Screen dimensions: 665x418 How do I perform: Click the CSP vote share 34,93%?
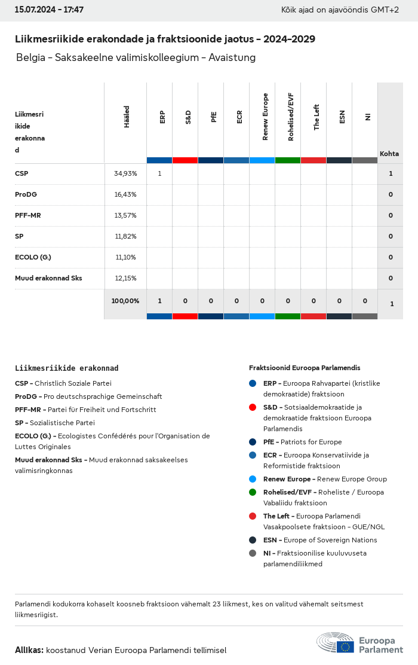click(125, 174)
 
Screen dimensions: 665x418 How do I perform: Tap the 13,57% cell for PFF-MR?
click(125, 215)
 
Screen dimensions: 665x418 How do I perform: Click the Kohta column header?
click(389, 154)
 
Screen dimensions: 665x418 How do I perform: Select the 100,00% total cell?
click(125, 301)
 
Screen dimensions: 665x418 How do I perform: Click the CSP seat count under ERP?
click(159, 174)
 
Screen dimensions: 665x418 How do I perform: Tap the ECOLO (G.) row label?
click(33, 257)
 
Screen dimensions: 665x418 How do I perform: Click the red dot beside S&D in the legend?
click(253, 407)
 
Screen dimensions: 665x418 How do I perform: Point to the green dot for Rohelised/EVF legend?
click(253, 492)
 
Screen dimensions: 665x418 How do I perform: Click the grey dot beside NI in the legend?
click(253, 553)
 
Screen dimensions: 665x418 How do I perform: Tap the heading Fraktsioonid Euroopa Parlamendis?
click(305, 368)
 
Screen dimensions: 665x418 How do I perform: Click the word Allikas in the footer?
click(29, 650)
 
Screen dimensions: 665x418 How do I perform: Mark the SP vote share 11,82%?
click(125, 236)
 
